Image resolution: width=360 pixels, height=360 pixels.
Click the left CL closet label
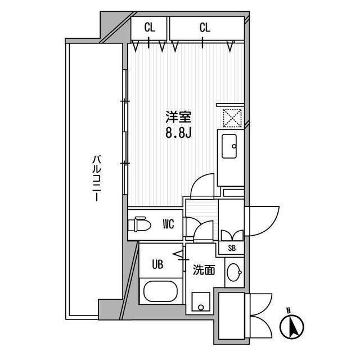(150, 28)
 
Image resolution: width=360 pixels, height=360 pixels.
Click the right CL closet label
(205, 28)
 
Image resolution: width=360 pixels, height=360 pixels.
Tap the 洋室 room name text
(178, 117)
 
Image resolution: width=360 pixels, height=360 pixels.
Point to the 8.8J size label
(178, 133)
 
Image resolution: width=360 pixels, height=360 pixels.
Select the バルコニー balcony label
(97, 178)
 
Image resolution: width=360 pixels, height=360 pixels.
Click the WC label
(169, 224)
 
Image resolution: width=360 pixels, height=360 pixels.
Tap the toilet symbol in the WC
(139, 224)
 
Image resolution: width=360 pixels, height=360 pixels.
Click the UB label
(157, 264)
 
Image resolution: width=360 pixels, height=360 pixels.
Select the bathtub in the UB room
(161, 291)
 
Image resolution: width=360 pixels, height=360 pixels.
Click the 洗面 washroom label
(204, 270)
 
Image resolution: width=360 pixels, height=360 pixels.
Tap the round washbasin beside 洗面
(234, 272)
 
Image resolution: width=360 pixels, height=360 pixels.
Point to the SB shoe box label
(232, 248)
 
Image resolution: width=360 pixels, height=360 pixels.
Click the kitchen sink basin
(229, 146)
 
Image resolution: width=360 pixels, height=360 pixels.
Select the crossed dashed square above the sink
(232, 118)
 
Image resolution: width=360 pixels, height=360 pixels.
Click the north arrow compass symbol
(291, 327)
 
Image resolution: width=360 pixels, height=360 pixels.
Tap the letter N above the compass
(289, 310)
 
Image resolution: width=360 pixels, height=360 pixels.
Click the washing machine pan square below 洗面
(201, 301)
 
